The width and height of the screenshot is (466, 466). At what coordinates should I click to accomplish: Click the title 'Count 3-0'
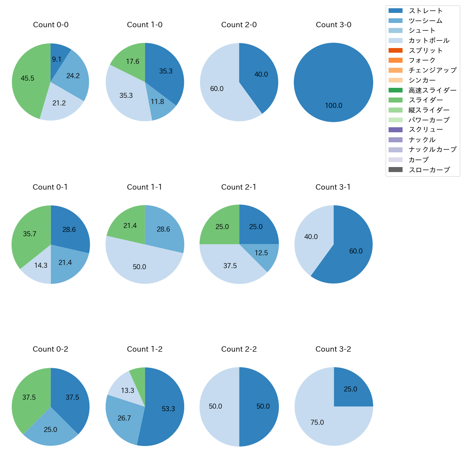333,25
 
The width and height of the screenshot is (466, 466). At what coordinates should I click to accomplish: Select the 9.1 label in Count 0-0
57,60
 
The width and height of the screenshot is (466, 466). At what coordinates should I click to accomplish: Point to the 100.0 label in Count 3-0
333,106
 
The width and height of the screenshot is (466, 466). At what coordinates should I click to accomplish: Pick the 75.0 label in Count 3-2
317,423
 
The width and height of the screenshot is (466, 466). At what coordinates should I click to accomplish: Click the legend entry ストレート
425,11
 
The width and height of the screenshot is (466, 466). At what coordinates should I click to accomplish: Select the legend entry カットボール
429,41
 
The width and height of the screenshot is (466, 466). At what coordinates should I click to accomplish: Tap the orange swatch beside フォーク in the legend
395,60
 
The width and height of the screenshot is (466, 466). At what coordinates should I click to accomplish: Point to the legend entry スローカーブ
429,170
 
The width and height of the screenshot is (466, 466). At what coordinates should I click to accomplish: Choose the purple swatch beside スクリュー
395,130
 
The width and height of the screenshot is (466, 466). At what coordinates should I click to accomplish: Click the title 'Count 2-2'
239,349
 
